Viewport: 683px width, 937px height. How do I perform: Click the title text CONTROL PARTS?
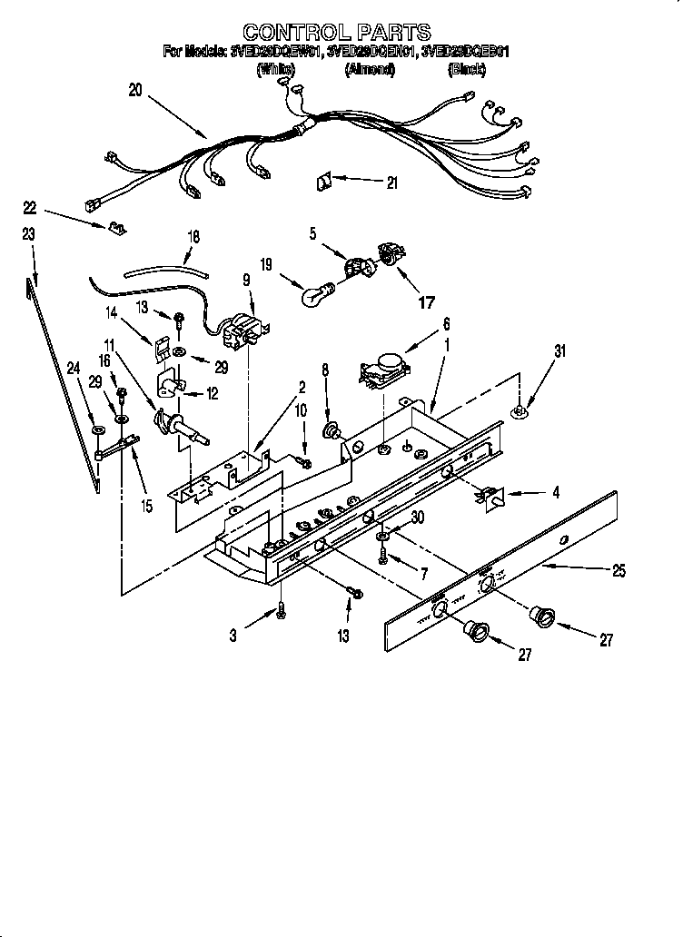[x=336, y=35]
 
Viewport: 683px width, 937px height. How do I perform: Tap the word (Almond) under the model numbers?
[x=369, y=69]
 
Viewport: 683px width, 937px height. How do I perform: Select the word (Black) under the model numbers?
[x=463, y=69]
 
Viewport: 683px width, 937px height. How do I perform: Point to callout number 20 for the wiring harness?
[x=135, y=90]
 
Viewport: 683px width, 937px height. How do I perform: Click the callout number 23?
[x=29, y=234]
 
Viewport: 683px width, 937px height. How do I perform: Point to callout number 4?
[x=556, y=493]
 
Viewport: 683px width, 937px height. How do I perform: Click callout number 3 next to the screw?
[x=233, y=637]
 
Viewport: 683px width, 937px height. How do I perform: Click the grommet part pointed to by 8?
[x=333, y=429]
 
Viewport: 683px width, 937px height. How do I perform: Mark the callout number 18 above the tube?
[x=193, y=235]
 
